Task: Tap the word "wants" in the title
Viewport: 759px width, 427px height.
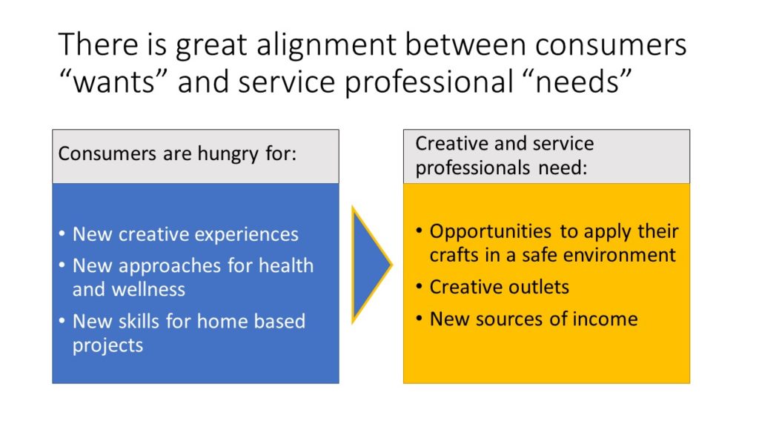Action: click(x=113, y=81)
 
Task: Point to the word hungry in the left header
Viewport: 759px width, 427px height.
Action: click(x=228, y=155)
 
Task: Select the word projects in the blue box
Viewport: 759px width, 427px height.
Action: click(x=108, y=346)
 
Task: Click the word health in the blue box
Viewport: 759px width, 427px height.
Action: click(x=286, y=265)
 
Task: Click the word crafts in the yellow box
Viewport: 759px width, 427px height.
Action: click(x=454, y=255)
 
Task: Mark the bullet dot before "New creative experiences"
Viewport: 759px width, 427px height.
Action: click(x=62, y=234)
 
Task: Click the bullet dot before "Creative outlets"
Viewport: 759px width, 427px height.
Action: click(x=420, y=287)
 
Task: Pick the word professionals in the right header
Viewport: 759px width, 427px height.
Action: click(x=466, y=169)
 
